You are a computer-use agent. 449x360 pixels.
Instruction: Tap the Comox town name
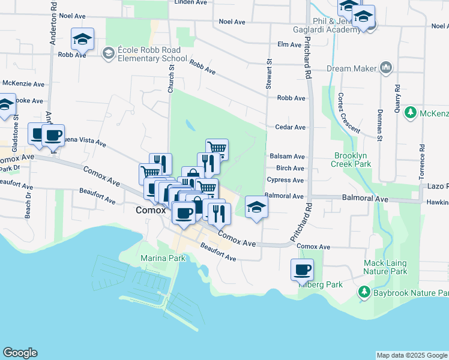(151, 211)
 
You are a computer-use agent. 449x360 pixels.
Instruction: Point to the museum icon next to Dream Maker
(385, 68)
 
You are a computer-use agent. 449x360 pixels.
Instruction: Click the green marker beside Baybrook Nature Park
(364, 292)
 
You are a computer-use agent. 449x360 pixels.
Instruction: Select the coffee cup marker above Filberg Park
(303, 270)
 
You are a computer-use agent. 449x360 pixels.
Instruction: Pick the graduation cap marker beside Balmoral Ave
(256, 208)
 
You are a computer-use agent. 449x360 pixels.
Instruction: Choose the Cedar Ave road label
(291, 127)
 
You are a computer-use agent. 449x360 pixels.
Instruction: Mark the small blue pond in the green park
(190, 125)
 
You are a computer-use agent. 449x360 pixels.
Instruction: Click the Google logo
(20, 353)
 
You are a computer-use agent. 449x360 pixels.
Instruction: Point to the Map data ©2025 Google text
(412, 355)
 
